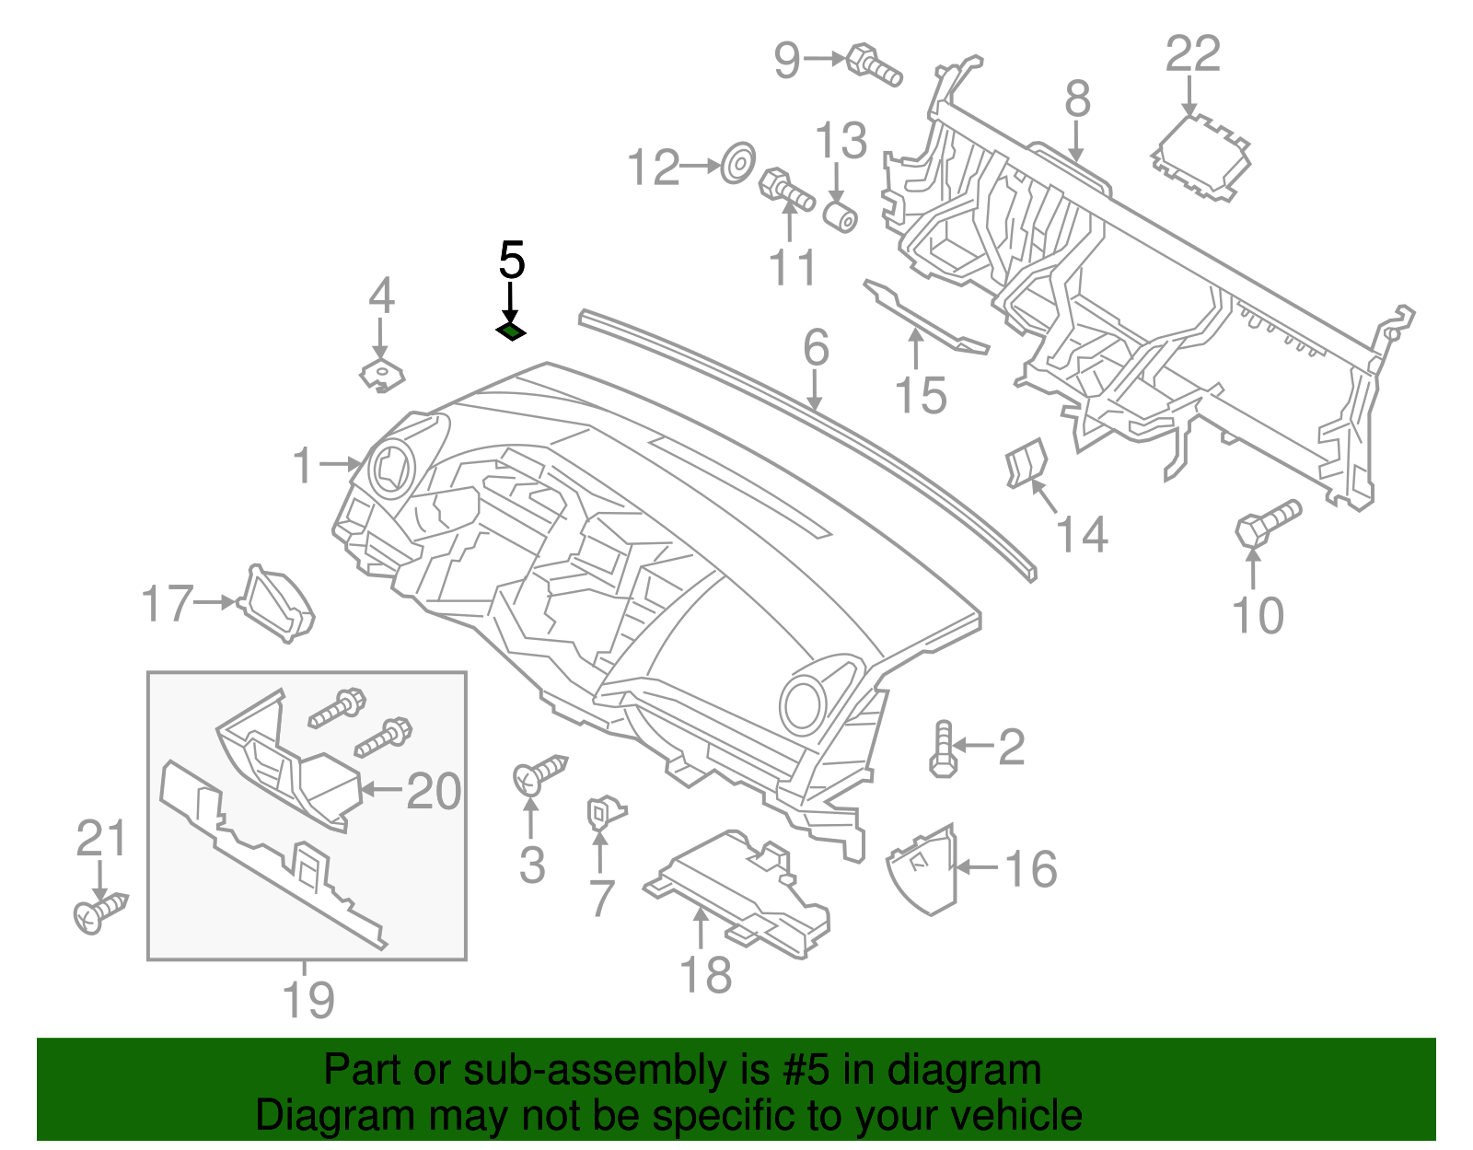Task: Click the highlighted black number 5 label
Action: pos(511,261)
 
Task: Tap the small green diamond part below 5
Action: pos(510,331)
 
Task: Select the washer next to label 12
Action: pos(737,163)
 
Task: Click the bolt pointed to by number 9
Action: pos(873,64)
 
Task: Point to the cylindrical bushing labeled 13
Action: pos(840,216)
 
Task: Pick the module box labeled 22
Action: pos(1200,157)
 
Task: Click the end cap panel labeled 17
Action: pos(277,604)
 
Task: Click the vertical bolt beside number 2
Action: pos(942,749)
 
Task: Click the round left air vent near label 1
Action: pos(391,469)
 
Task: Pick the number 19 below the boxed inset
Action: pos(308,1000)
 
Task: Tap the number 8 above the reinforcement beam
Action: pos(1077,99)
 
